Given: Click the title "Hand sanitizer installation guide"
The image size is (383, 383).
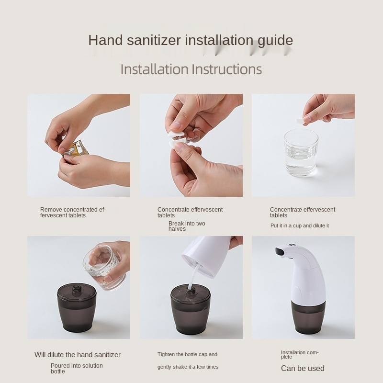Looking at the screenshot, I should pos(191,40).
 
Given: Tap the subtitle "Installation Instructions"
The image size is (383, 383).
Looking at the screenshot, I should pos(191,69).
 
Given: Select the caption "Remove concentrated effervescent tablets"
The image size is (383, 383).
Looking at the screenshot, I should pos(73,213).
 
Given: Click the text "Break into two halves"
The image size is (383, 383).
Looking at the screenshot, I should pos(186,226).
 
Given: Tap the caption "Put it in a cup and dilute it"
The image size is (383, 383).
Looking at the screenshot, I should pos(299,225).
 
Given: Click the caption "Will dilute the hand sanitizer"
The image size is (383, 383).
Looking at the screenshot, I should pos(78,355).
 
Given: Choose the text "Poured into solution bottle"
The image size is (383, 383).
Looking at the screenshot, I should pos(77,369).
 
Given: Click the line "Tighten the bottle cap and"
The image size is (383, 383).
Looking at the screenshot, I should pos(187,355).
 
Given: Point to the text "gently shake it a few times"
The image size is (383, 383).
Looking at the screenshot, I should pos(188,367).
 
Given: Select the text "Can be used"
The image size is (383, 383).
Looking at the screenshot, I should pos(302,368).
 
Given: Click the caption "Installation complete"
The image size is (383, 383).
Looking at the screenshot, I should pos(299,354).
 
